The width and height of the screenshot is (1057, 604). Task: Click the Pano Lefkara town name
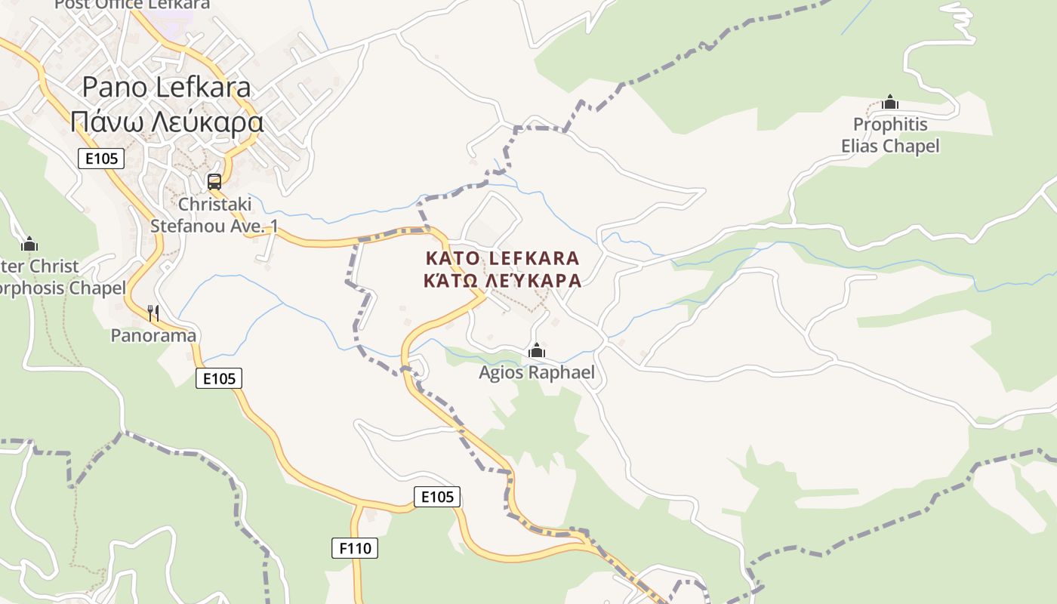(166, 87)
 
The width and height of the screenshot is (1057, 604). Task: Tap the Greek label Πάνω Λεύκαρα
(166, 122)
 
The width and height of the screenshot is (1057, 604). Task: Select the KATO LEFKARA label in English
(502, 258)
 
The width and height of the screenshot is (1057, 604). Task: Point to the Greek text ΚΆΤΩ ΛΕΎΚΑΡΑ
(502, 281)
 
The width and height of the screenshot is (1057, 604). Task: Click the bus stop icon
(214, 182)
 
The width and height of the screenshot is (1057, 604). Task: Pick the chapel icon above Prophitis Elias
(890, 102)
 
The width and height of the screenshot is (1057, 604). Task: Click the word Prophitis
(890, 124)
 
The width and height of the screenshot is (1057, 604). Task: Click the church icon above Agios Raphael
(537, 350)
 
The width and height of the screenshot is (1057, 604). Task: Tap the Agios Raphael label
(537, 372)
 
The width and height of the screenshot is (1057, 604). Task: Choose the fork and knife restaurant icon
(153, 313)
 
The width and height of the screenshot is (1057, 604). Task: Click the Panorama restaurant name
(153, 335)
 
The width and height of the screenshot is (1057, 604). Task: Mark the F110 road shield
(354, 547)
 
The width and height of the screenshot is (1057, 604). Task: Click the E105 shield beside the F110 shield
(437, 496)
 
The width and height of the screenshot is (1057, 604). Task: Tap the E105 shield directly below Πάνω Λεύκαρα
(100, 159)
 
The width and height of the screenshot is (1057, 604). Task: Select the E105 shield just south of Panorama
(219, 378)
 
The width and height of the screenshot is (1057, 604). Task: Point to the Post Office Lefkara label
(132, 5)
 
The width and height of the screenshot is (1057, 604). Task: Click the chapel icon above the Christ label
(29, 244)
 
